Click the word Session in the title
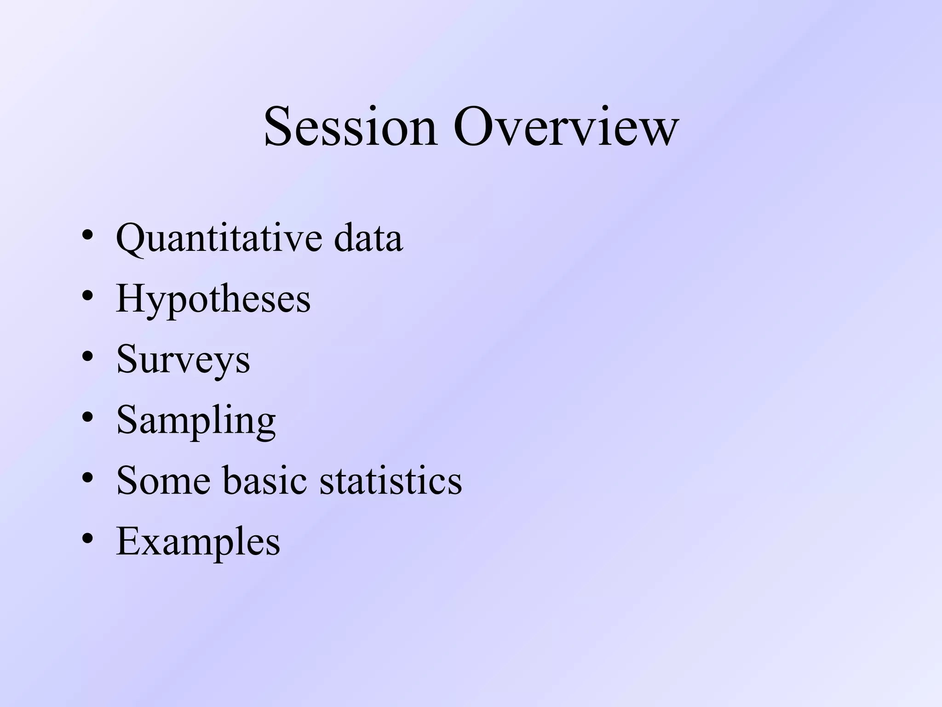[350, 126]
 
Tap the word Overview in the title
[566, 126]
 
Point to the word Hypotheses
[213, 300]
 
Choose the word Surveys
[183, 360]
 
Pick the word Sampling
[196, 421]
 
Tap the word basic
[265, 481]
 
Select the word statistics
[391, 481]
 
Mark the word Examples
[198, 542]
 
